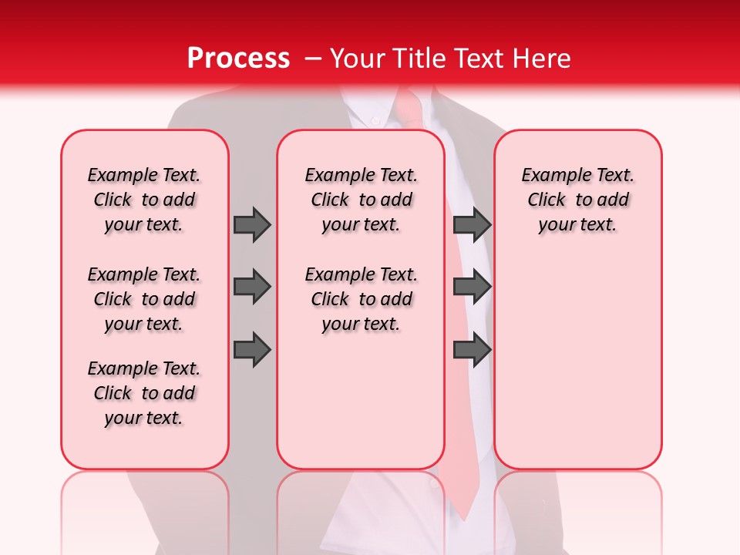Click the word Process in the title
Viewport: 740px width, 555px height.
pos(237,59)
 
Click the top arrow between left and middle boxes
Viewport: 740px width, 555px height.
pos(252,224)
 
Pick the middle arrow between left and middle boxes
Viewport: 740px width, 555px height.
pos(252,287)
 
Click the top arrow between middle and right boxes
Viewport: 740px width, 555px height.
pos(472,224)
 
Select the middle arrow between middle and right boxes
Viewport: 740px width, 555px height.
pos(472,287)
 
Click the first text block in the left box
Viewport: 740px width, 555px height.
pos(144,200)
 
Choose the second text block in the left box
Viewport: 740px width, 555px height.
pos(144,299)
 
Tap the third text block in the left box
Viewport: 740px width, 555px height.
pos(144,393)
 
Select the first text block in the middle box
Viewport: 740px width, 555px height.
pos(361,200)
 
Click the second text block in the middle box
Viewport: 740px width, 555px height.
pos(361,299)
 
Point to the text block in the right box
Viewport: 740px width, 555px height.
pos(578,200)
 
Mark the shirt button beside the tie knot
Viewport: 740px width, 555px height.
pos(375,120)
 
